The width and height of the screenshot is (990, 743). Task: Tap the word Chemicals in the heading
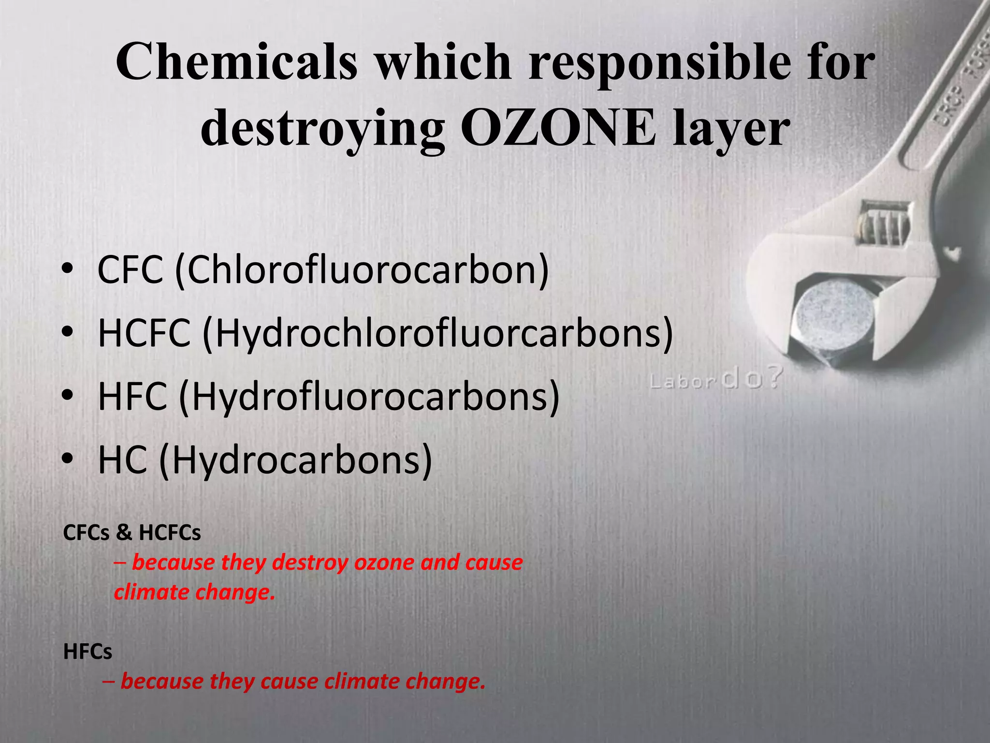click(x=237, y=62)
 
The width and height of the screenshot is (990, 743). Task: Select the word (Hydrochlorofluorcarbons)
click(x=437, y=334)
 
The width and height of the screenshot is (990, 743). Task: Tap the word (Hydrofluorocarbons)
click(x=369, y=397)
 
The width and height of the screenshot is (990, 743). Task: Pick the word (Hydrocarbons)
click(x=296, y=460)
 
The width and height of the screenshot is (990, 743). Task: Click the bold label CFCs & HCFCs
click(x=132, y=533)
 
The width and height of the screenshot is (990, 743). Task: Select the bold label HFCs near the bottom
click(x=87, y=652)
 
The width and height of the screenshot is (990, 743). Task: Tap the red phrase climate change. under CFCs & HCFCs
click(x=194, y=592)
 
